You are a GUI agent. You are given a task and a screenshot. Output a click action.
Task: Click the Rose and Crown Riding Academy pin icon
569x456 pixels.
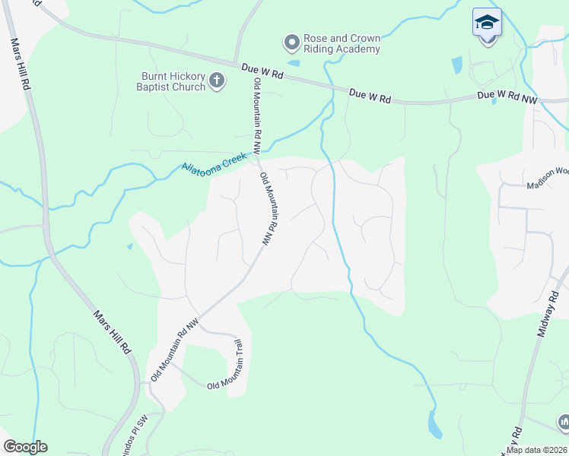pos(291,41)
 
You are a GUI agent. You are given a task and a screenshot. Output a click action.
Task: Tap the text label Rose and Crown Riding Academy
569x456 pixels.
pos(341,44)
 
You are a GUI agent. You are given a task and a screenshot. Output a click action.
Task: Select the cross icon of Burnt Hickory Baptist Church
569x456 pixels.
pos(217,81)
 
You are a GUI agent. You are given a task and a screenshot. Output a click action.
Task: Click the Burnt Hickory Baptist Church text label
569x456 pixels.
pos(173,81)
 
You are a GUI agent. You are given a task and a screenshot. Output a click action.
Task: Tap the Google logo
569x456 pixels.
pos(25,447)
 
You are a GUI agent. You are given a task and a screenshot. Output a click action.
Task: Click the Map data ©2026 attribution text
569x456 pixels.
pos(536,450)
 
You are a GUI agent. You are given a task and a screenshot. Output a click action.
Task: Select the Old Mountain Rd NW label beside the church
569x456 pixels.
pos(258,109)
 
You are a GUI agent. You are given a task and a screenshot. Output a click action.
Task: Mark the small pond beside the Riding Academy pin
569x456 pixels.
pos(294,63)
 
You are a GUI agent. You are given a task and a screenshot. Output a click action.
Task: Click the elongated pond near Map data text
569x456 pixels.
pos(434,425)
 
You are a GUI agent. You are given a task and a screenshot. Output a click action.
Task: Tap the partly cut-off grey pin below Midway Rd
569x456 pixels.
pos(564,421)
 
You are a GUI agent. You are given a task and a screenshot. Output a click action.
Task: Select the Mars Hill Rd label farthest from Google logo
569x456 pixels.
pos(21,65)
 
